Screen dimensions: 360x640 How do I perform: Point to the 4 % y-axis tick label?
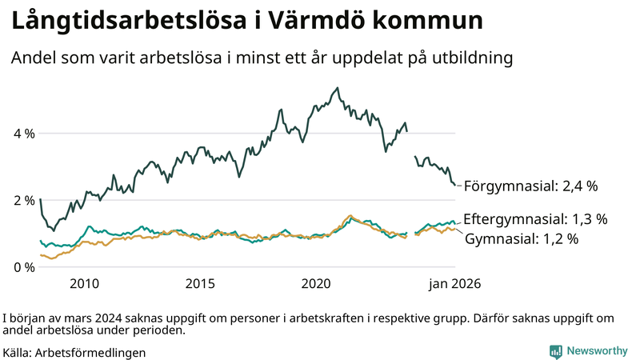pyautogui.click(x=23, y=134)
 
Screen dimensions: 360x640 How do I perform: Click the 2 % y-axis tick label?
pyautogui.click(x=23, y=200)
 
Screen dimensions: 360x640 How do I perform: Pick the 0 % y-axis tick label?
pyautogui.click(x=23, y=266)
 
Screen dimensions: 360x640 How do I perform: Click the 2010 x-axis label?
pyautogui.click(x=84, y=283)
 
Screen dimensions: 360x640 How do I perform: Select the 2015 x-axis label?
pyautogui.click(x=200, y=283)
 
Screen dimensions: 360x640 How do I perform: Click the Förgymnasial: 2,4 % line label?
pyautogui.click(x=530, y=186)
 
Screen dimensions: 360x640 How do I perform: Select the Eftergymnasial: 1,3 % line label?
pyautogui.click(x=535, y=218)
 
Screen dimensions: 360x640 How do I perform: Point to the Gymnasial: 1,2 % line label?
pyautogui.click(x=521, y=238)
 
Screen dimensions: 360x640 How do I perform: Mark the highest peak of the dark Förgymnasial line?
pyautogui.click(x=337, y=88)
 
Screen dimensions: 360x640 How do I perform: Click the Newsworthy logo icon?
pyautogui.click(x=555, y=351)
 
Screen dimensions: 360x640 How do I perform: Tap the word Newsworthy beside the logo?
pyautogui.click(x=597, y=351)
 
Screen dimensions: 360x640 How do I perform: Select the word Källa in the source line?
pyautogui.click(x=18, y=352)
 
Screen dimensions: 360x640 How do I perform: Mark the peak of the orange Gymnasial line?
pyautogui.click(x=350, y=216)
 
